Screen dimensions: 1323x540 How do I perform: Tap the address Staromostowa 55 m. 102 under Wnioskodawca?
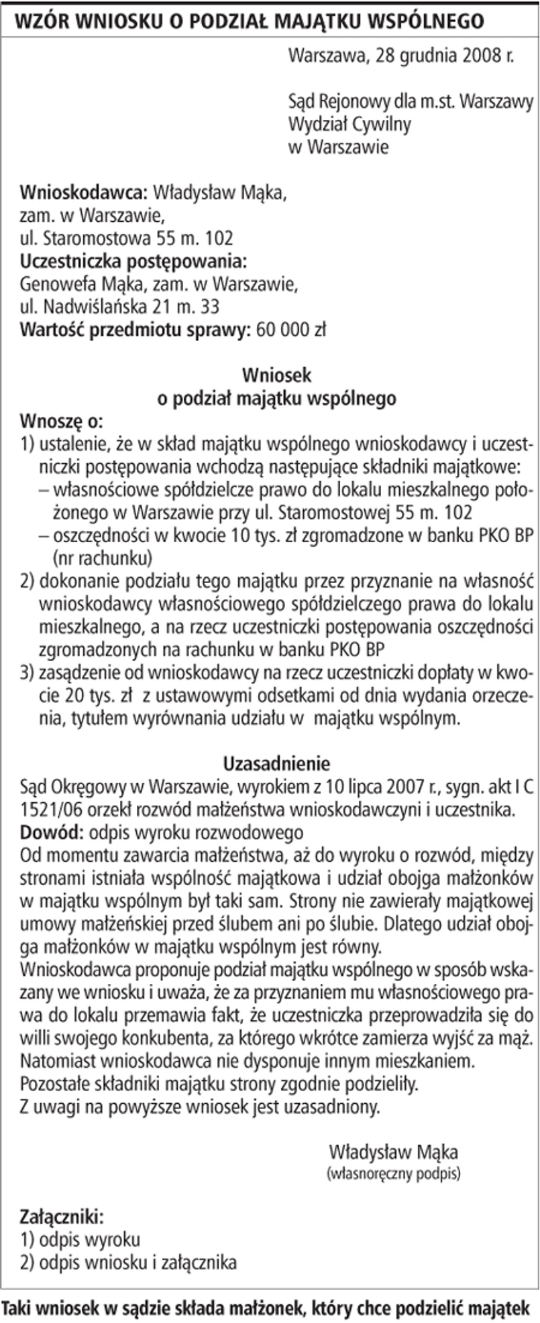[x=138, y=238]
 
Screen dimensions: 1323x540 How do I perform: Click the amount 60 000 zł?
[x=291, y=330]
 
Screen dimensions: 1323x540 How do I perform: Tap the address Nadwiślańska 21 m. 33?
[x=131, y=307]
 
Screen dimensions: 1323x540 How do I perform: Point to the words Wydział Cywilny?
[x=349, y=124]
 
